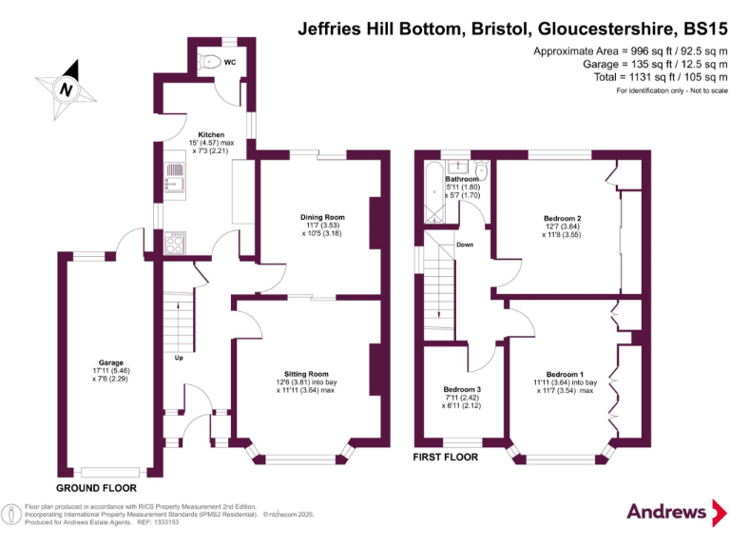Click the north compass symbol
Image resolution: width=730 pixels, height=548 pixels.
pyautogui.click(x=66, y=89)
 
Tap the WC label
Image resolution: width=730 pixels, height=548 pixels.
pyautogui.click(x=230, y=64)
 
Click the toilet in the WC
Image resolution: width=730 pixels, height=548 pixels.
pyautogui.click(x=212, y=63)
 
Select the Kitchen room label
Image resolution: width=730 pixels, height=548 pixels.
pyautogui.click(x=211, y=134)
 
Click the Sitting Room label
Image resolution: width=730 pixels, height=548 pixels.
pyautogui.click(x=306, y=374)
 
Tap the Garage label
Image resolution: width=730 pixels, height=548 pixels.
pyautogui.click(x=111, y=362)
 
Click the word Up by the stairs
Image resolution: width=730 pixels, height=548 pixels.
pyautogui.click(x=178, y=358)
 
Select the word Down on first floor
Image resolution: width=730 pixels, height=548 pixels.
pyautogui.click(x=465, y=245)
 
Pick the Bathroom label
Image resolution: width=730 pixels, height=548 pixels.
pyautogui.click(x=463, y=179)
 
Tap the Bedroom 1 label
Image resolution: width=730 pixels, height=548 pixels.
pyautogui.click(x=565, y=374)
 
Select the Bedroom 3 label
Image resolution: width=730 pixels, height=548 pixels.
pyautogui.click(x=462, y=389)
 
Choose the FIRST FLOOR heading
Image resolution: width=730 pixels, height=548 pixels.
pyautogui.click(x=446, y=458)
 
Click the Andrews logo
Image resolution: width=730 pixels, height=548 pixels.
pyautogui.click(x=668, y=512)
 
